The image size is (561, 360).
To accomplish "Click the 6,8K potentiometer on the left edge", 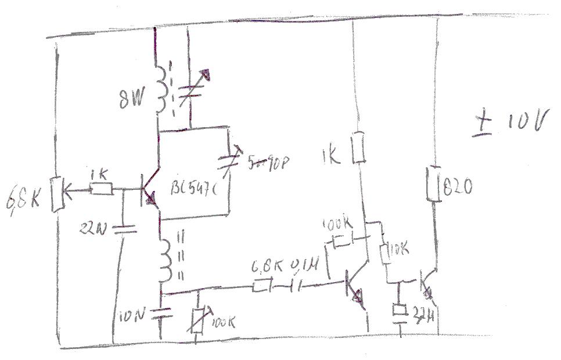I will coord(57,192).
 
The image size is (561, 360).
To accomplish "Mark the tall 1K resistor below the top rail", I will coord(359,148).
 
